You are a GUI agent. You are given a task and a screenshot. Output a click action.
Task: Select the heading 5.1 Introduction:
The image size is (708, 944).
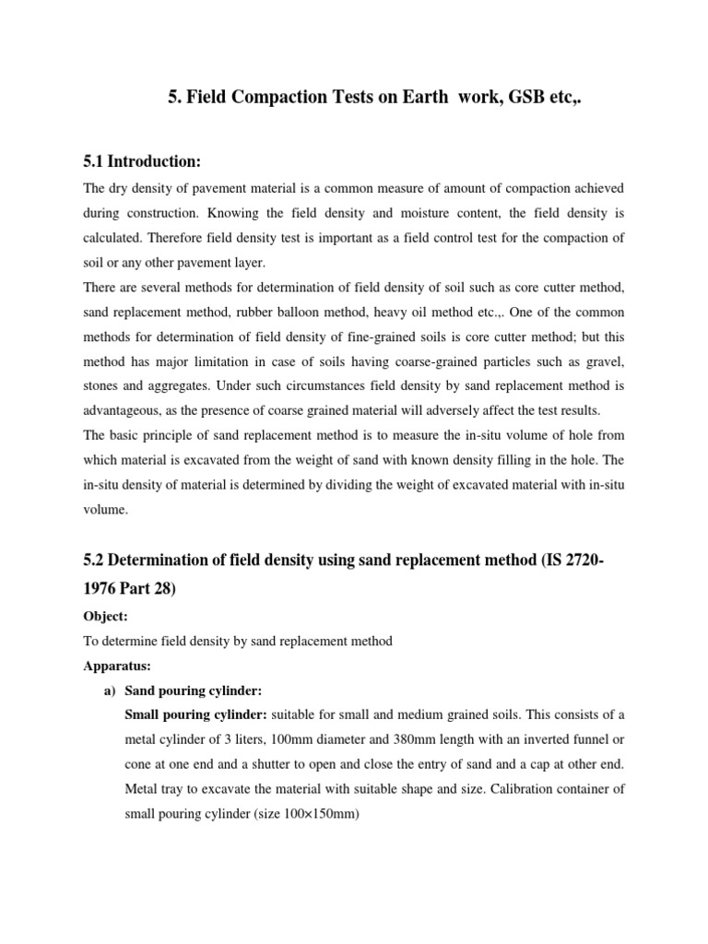click(x=141, y=161)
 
